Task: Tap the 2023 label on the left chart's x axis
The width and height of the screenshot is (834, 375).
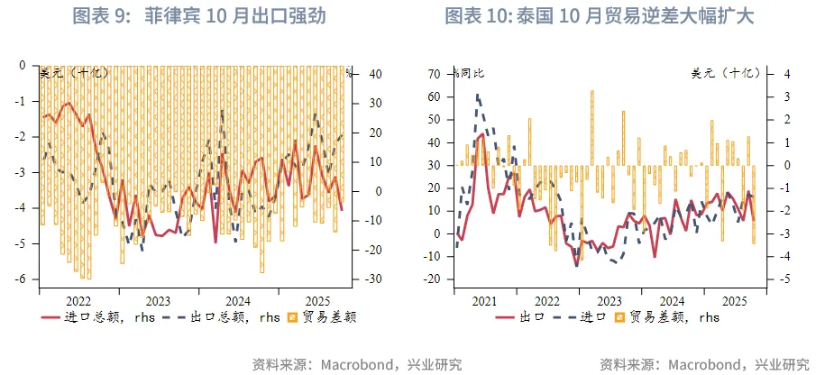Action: pyautogui.click(x=158, y=300)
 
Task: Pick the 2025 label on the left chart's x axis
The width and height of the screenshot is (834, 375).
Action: pyautogui.click(x=316, y=300)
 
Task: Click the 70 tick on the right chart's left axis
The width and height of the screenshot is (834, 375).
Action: pyautogui.click(x=435, y=73)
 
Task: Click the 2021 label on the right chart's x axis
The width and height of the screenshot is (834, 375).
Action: pyautogui.click(x=483, y=301)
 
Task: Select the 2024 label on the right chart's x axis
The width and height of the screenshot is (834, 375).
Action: pyautogui.click(x=672, y=301)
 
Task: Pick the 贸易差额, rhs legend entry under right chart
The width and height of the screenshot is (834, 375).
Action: pyautogui.click(x=666, y=317)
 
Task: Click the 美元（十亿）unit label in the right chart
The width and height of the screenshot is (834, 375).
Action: pyautogui.click(x=726, y=73)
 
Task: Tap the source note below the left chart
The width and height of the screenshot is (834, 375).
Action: pyautogui.click(x=356, y=364)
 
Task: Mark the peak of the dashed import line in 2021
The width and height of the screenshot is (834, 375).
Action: pyautogui.click(x=477, y=95)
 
